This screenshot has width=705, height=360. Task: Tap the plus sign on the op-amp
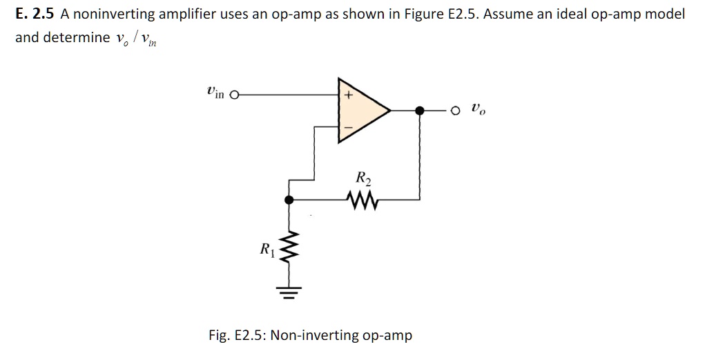tap(349, 96)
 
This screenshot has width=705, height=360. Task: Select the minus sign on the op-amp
tap(349, 127)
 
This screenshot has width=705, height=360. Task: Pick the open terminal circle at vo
tap(454, 110)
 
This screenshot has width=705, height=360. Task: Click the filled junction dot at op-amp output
tap(419, 110)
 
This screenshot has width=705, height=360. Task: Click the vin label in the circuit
tap(215, 92)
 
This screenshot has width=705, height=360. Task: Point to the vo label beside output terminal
tap(479, 108)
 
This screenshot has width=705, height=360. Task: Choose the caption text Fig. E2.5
tap(237, 335)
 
